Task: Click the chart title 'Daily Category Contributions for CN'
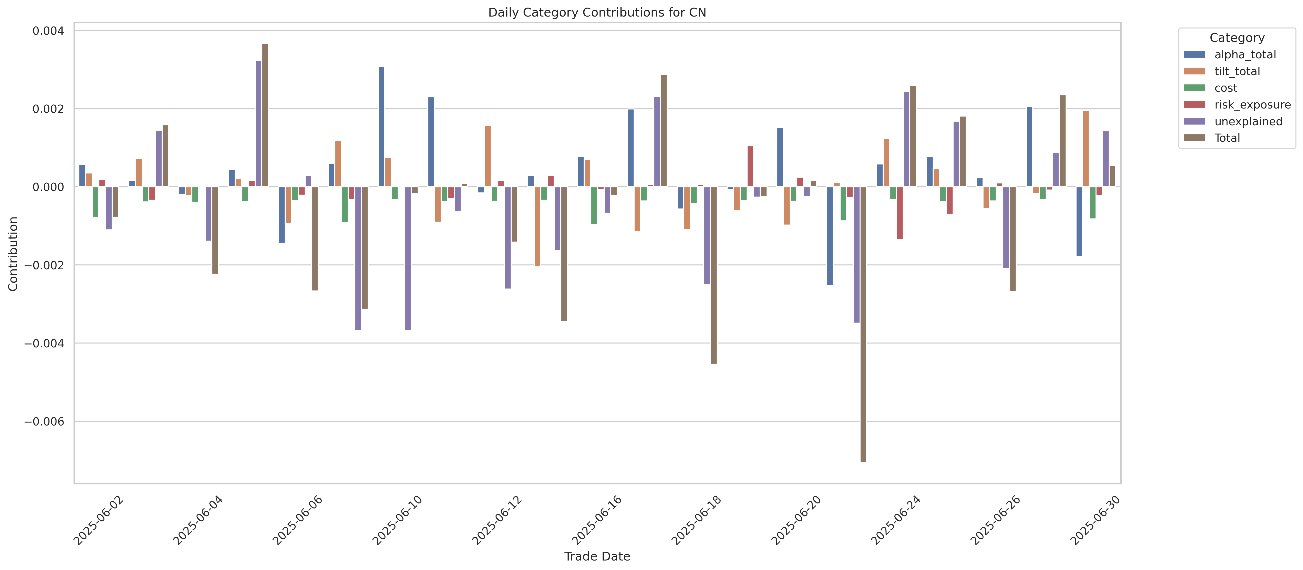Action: pos(597,13)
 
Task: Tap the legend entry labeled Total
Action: pos(1227,138)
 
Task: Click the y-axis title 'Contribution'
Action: pos(13,254)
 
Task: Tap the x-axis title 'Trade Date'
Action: pos(597,556)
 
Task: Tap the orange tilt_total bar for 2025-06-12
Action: pos(487,157)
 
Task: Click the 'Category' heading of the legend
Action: pos(1237,38)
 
